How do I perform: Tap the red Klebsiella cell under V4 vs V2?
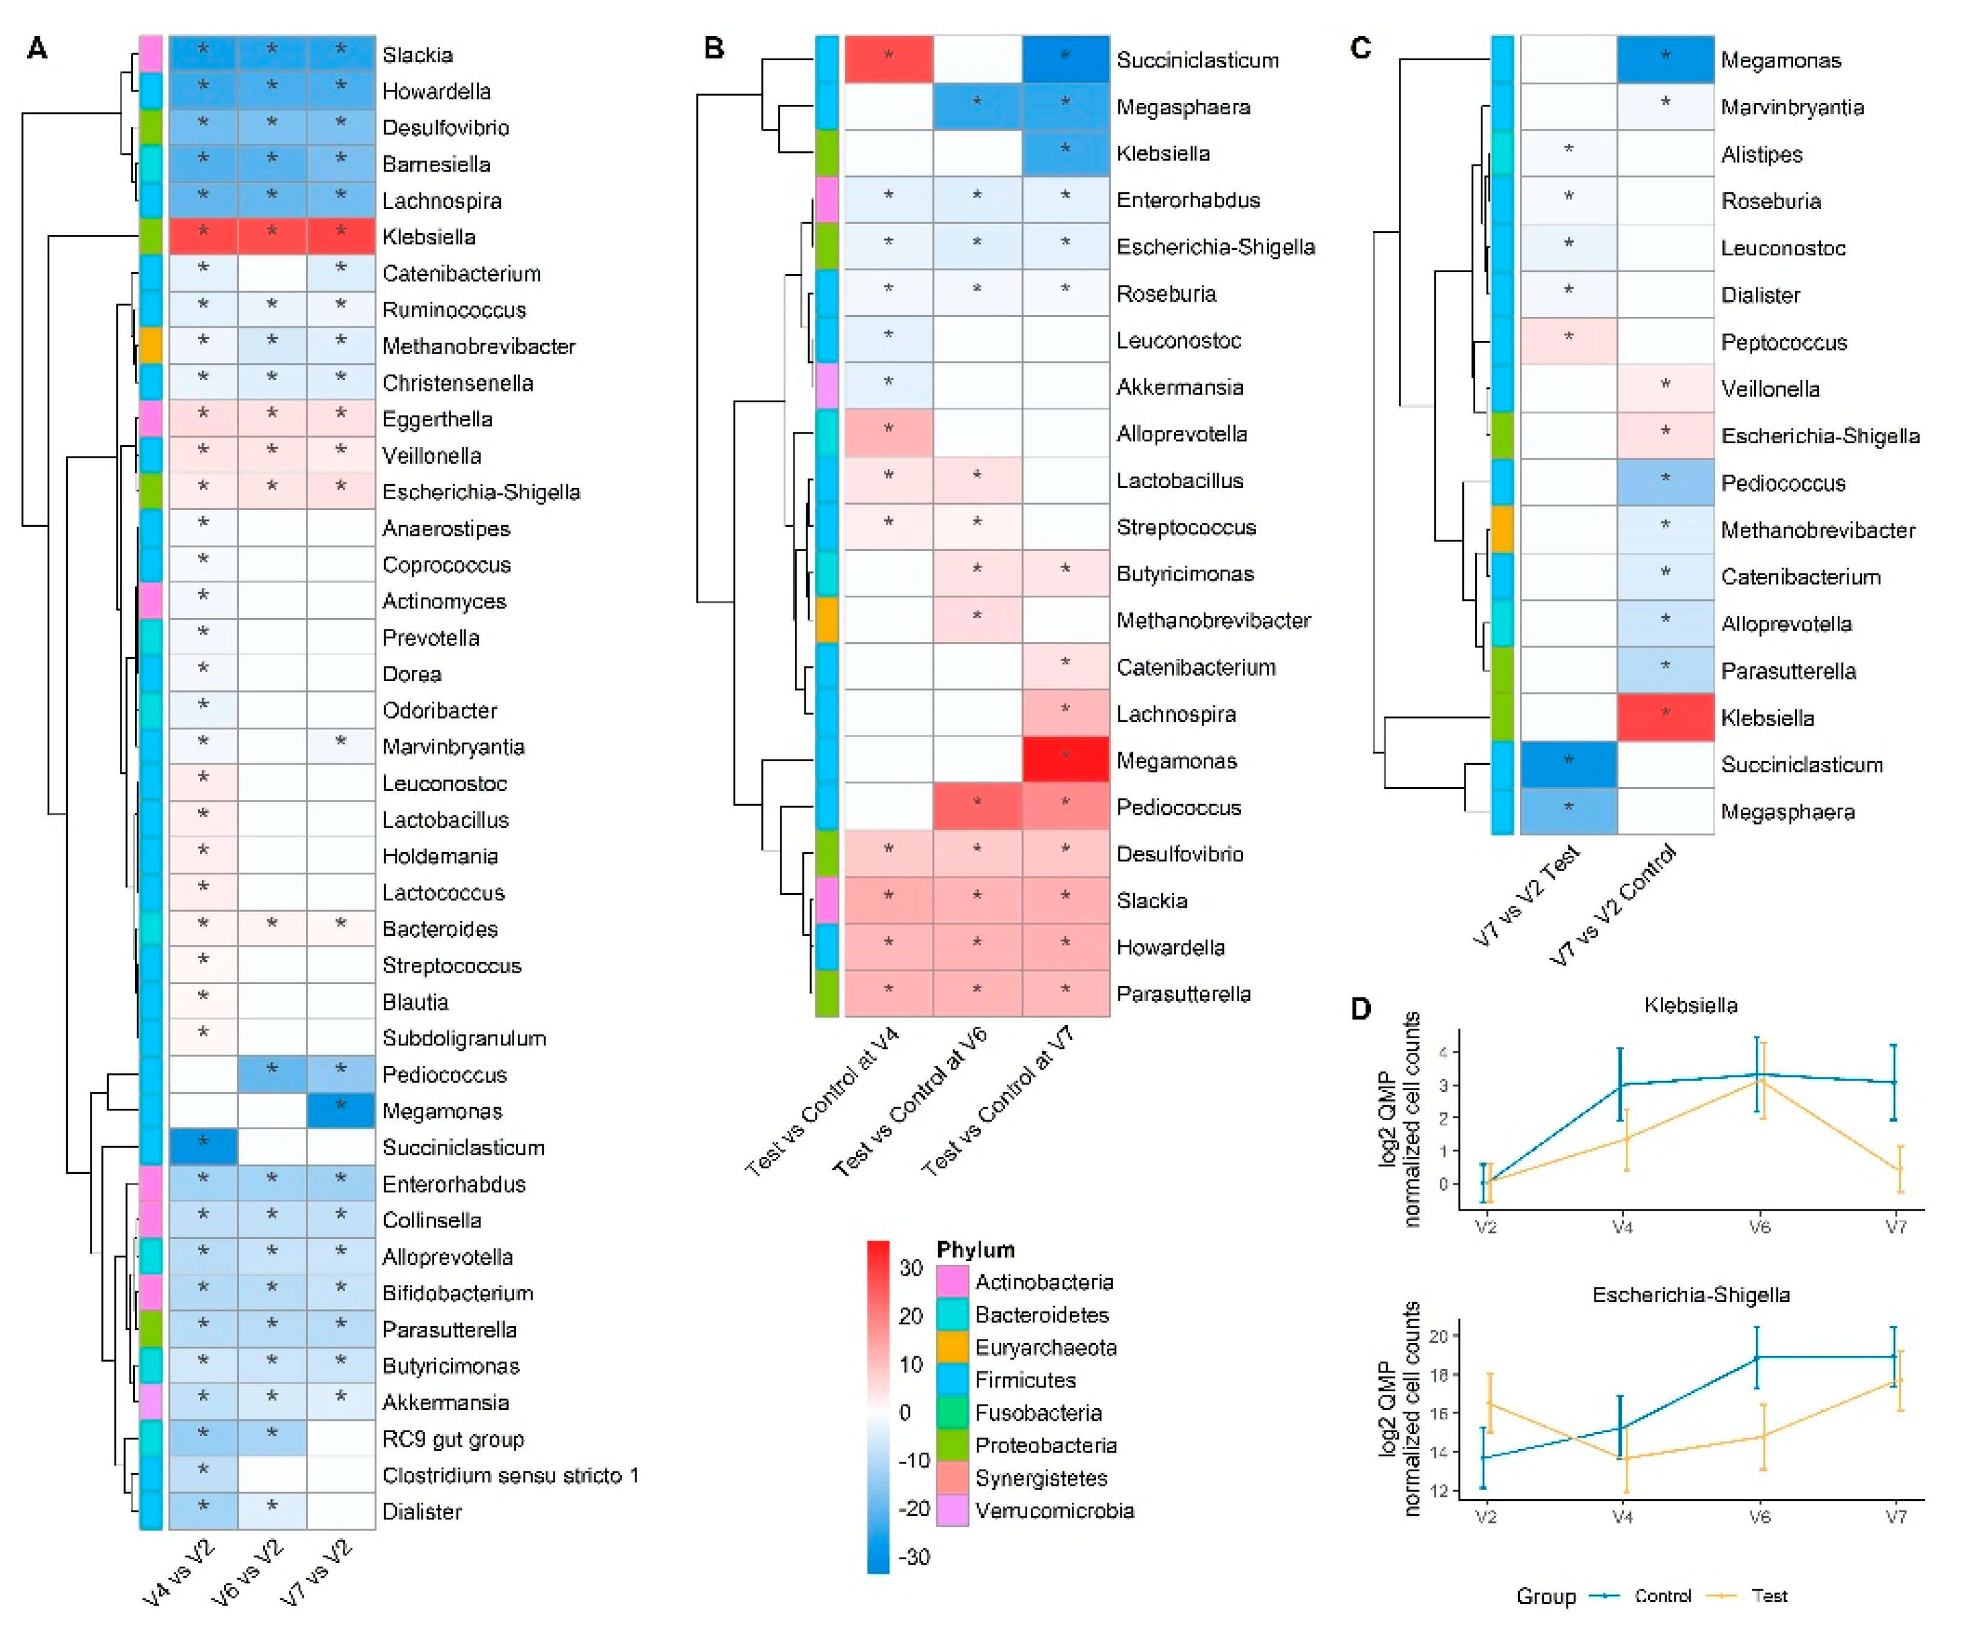click(203, 236)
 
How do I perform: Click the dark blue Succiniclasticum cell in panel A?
click(203, 1147)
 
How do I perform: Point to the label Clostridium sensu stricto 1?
click(510, 1475)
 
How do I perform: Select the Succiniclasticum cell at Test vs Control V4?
click(888, 59)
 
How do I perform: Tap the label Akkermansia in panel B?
click(1180, 387)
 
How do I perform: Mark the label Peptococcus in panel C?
click(1784, 341)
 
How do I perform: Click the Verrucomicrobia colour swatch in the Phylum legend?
click(952, 1510)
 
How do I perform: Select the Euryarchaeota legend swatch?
click(952, 1347)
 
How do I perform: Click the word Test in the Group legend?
click(1768, 1595)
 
